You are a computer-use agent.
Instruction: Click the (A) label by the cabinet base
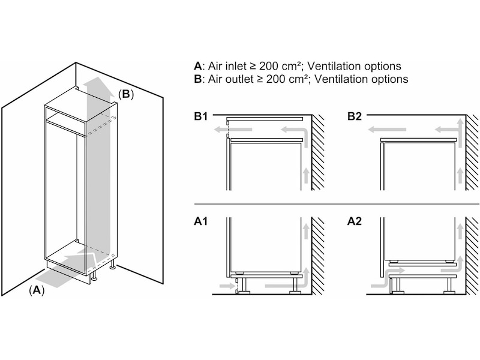pyautogui.click(x=37, y=290)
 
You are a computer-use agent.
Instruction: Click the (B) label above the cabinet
pyautogui.click(x=125, y=94)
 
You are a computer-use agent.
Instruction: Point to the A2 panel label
pyautogui.click(x=354, y=222)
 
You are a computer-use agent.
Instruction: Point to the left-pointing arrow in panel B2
pyautogui.click(x=387, y=128)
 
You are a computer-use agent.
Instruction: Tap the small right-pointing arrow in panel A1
pyautogui.click(x=227, y=287)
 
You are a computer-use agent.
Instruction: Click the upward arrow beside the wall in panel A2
pyautogui.click(x=459, y=231)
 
